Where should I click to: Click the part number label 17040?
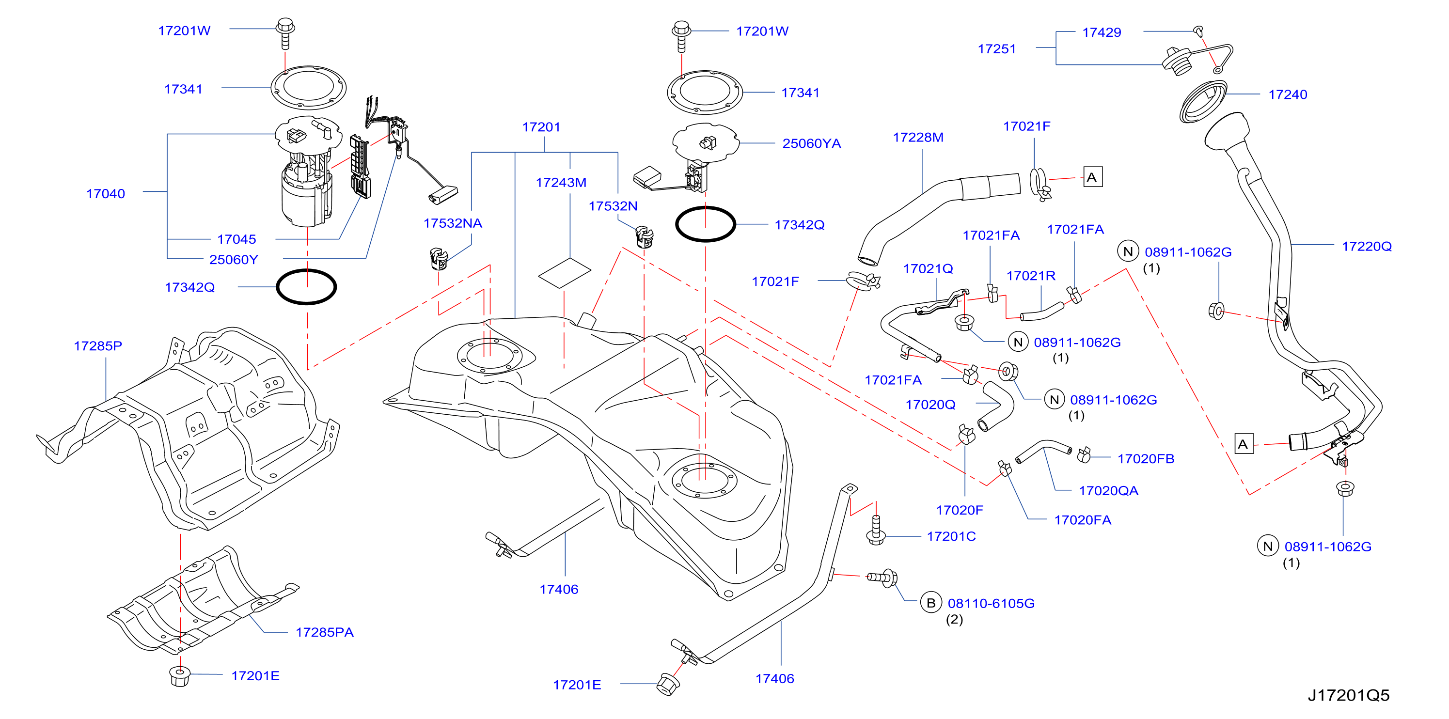tap(106, 194)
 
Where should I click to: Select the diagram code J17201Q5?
tap(1348, 695)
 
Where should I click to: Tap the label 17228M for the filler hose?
tap(918, 138)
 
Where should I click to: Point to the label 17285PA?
tap(325, 632)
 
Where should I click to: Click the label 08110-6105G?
tap(991, 603)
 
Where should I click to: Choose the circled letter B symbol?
tap(931, 603)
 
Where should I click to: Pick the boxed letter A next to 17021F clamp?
tap(1092, 177)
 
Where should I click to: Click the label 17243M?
tap(561, 183)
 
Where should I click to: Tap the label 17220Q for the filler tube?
tap(1367, 246)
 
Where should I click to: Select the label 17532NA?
tap(453, 223)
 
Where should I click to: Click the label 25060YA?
tap(812, 143)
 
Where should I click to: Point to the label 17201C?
tap(951, 536)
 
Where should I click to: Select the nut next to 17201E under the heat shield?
tap(179, 676)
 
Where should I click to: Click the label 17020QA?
tap(1108, 491)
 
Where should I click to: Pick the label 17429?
tap(1102, 32)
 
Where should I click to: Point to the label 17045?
tap(237, 239)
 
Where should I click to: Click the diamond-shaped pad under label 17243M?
tap(565, 273)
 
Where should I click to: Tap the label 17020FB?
tap(1146, 459)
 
